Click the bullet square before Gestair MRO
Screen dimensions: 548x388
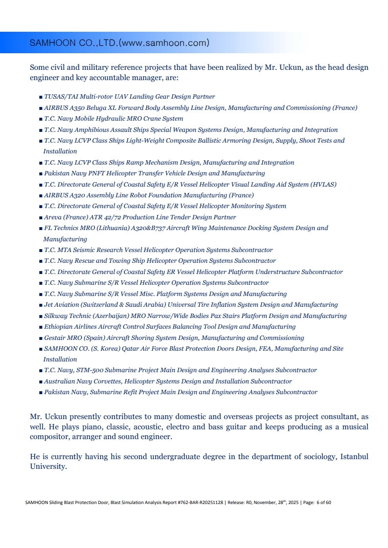coord(41,338)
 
